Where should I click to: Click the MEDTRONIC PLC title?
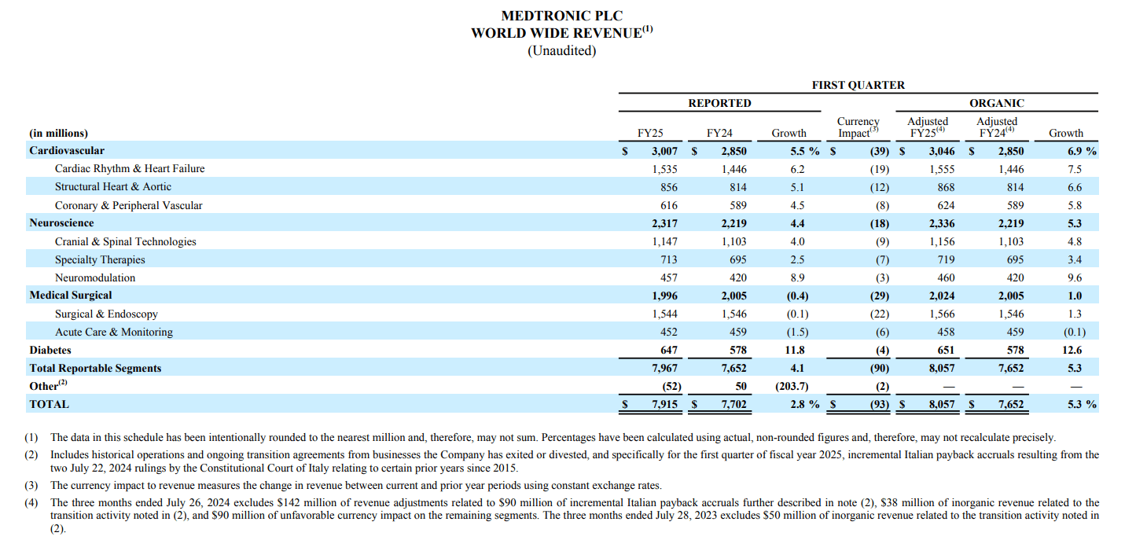[x=561, y=16]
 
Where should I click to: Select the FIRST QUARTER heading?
[x=858, y=85]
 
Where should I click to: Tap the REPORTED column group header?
[x=719, y=103]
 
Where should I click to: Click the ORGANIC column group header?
[x=997, y=103]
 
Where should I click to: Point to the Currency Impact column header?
[x=858, y=127]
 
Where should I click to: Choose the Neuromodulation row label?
[x=94, y=277]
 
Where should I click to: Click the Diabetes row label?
[x=50, y=350]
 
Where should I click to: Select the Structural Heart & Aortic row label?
[x=112, y=186]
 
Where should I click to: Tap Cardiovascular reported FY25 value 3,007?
[x=664, y=151]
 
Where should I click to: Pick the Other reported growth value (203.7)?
[x=792, y=386]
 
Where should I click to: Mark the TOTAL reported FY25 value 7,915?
[x=664, y=404]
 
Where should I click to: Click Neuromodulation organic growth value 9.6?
[x=1074, y=277]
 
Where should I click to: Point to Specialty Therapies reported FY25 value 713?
[x=667, y=259]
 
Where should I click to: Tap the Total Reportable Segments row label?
[x=95, y=368]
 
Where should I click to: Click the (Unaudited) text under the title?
[x=561, y=50]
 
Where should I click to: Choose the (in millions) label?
[x=59, y=133]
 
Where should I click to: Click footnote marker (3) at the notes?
[x=31, y=485]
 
